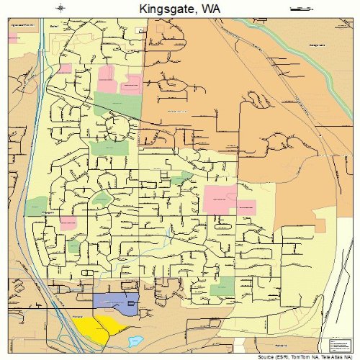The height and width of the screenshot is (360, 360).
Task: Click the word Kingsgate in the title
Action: click(x=165, y=9)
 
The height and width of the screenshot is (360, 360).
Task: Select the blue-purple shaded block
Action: click(x=115, y=303)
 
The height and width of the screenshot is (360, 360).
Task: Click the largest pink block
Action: click(x=220, y=199)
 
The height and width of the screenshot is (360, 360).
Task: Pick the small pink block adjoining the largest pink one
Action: click(x=246, y=207)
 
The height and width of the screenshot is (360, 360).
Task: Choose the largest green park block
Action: click(x=109, y=148)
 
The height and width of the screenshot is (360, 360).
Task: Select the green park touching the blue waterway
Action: click(x=34, y=207)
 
